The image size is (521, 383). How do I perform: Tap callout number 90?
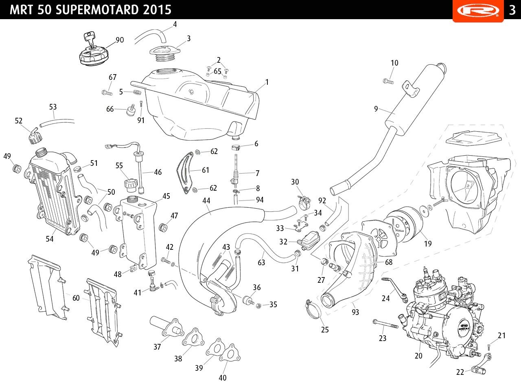(x=120, y=40)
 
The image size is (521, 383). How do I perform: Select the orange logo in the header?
(x=478, y=10)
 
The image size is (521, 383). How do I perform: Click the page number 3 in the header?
(x=512, y=10)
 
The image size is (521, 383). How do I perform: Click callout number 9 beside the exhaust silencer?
(x=376, y=109)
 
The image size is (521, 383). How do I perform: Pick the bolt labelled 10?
(x=388, y=81)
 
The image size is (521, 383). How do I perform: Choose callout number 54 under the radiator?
(x=50, y=239)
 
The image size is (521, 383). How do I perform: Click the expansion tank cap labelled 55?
(x=131, y=184)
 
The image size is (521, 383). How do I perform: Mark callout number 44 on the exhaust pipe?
(x=206, y=200)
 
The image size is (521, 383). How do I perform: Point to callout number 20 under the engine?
(x=418, y=356)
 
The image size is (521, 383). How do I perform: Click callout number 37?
(x=157, y=347)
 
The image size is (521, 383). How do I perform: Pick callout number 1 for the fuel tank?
(x=267, y=82)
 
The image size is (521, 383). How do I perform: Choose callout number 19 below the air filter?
(x=427, y=244)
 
